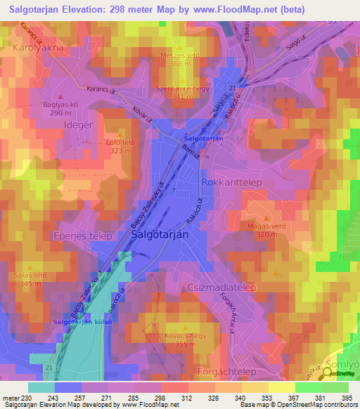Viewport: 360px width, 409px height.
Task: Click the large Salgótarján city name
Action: (160, 235)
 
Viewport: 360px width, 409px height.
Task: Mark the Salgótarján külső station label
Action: (83, 321)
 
